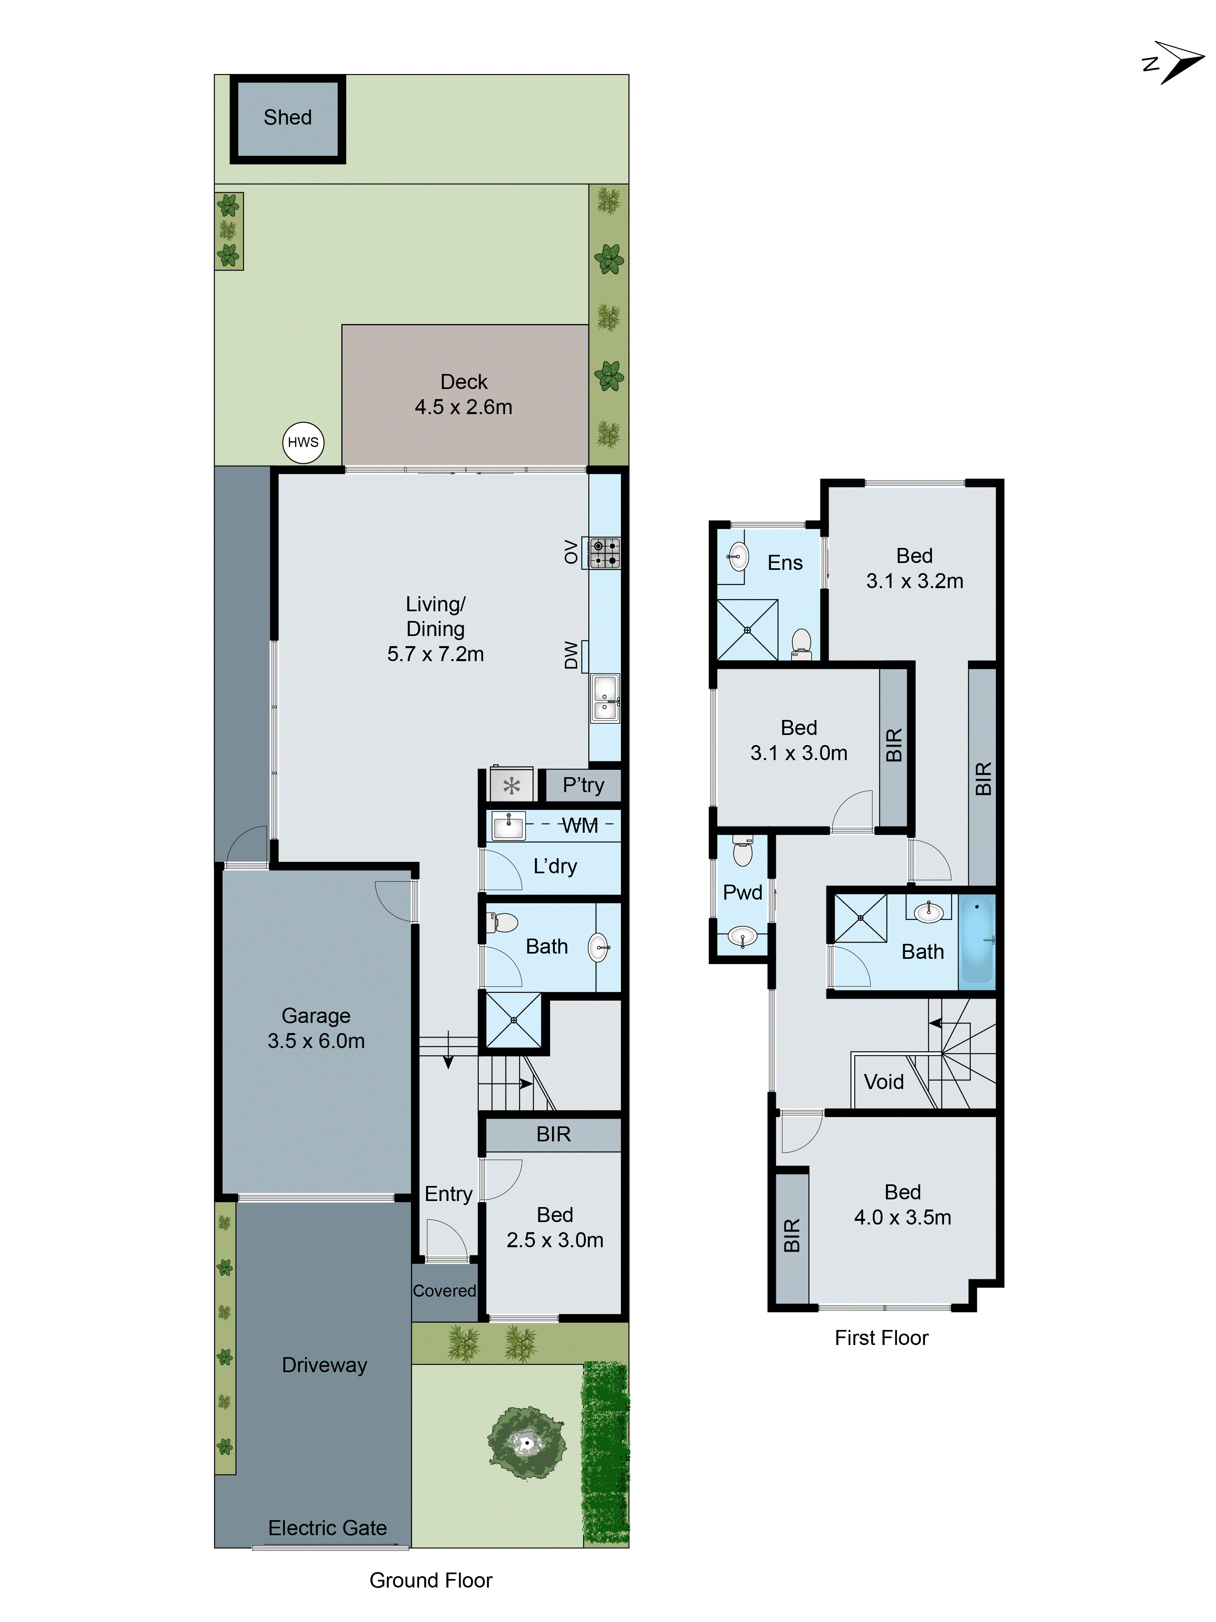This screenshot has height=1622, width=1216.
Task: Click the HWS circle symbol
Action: tap(303, 442)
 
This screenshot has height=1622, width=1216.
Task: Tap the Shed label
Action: tap(287, 117)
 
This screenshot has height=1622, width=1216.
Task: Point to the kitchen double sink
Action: tap(605, 697)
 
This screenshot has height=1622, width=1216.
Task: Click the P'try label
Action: tap(583, 785)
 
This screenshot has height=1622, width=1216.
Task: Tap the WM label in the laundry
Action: tap(579, 826)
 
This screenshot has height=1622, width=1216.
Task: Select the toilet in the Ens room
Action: tap(801, 642)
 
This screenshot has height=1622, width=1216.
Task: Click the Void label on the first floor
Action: tap(883, 1082)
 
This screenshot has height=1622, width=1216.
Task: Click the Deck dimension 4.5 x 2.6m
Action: tap(463, 407)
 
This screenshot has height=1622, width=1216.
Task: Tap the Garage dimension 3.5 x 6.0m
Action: tap(316, 1040)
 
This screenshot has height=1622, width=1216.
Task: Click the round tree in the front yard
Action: tap(526, 1444)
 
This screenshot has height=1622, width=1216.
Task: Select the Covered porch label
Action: tap(444, 1291)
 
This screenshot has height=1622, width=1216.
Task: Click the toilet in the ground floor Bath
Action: tap(504, 922)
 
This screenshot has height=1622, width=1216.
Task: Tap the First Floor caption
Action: tap(881, 1338)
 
